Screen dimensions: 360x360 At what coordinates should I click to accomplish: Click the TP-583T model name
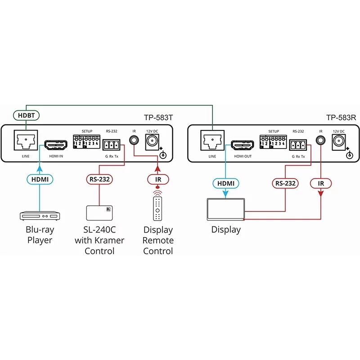[158, 117]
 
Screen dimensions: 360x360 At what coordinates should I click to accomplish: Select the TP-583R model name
[341, 117]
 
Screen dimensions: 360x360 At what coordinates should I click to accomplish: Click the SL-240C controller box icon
[99, 213]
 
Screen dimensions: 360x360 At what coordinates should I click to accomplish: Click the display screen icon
[225, 210]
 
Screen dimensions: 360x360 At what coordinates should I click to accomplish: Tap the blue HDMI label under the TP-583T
[40, 179]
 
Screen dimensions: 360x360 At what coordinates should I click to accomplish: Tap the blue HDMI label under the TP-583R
[226, 183]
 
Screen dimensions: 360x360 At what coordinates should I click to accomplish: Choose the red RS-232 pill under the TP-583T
[99, 179]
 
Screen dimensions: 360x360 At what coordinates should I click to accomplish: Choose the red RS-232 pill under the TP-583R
[285, 183]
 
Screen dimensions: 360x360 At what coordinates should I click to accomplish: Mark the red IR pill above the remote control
[157, 179]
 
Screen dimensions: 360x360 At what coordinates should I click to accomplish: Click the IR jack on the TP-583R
[320, 140]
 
